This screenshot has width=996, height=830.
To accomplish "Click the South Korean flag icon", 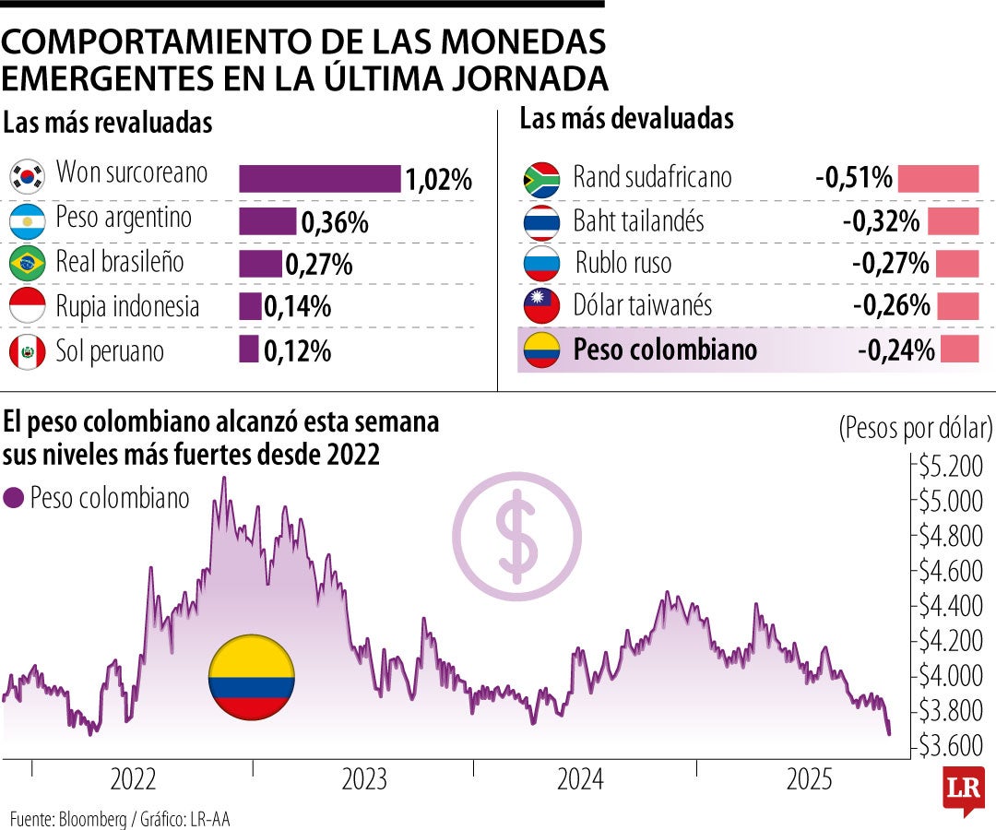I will (28, 175).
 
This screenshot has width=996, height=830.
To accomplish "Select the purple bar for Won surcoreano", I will (319, 178).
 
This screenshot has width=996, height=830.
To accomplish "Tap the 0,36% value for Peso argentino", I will (335, 222).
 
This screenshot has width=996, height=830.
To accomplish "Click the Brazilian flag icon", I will (28, 264).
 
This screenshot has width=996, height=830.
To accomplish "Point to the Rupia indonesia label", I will (127, 306).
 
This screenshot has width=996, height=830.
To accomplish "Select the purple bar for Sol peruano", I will (248, 350).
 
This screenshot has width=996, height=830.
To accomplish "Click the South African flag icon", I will (541, 179).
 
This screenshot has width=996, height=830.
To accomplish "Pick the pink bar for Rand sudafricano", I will (938, 178).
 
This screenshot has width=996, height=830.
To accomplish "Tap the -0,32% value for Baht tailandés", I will (881, 221).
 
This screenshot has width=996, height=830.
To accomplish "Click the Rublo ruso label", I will (623, 264).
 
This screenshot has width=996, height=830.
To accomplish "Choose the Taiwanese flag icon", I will (541, 306).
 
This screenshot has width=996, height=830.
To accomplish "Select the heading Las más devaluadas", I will (626, 119).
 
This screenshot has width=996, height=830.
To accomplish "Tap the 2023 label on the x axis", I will (364, 781).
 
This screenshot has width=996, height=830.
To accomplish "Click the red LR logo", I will (964, 788).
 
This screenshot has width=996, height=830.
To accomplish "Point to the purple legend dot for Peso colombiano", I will (13, 499).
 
